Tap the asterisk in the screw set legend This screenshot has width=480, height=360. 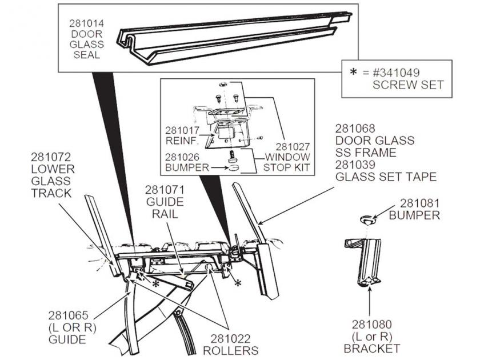tap(353, 73)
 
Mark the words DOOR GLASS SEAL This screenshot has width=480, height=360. tap(86, 45)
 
